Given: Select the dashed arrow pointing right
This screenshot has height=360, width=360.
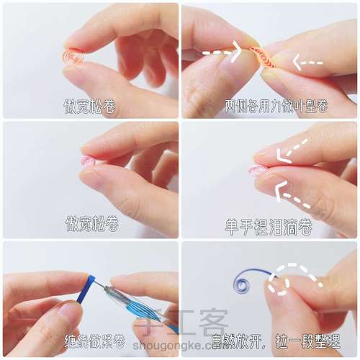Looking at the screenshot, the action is [222, 52].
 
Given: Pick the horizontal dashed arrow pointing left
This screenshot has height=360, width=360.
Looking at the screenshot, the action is [307, 63].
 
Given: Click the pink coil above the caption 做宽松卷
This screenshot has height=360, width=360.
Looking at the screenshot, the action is [88, 161].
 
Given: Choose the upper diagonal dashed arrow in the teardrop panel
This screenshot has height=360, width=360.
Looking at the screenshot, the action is [292, 152].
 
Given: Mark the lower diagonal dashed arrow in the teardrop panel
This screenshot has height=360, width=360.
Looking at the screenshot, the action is [293, 195].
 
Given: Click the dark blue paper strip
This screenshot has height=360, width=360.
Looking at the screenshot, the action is [86, 289].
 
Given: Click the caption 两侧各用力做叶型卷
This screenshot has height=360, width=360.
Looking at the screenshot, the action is [276, 106].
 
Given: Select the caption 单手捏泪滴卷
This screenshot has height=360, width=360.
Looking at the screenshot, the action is [269, 227].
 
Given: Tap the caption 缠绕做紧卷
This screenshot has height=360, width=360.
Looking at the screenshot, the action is [94, 341].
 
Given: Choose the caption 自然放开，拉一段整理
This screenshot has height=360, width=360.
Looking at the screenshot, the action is [276, 341].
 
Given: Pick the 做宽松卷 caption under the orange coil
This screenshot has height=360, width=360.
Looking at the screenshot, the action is [89, 106].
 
